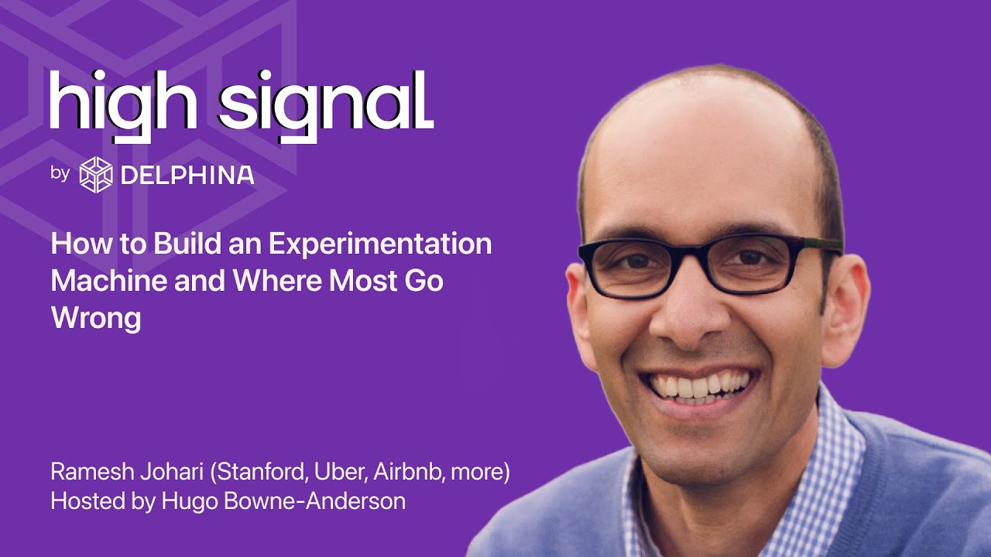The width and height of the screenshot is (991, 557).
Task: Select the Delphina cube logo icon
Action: (x=96, y=174)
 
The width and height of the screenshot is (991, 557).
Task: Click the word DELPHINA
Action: (x=187, y=175)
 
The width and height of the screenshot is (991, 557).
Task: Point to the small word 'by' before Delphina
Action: (x=60, y=173)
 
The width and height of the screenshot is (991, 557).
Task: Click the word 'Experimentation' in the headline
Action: (x=379, y=244)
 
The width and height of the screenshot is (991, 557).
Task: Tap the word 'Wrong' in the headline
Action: (x=96, y=317)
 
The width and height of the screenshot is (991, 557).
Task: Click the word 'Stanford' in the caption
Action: (x=259, y=472)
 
